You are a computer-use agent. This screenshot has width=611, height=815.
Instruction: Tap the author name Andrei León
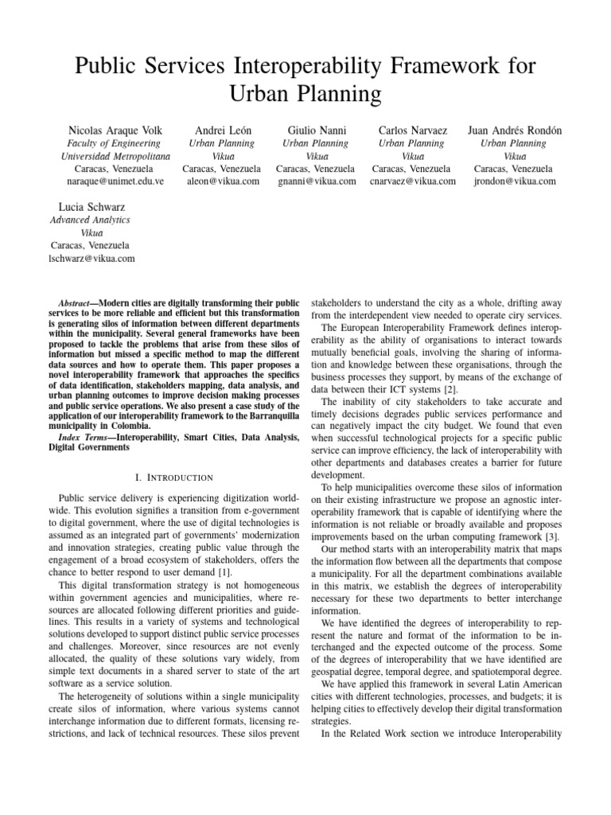click(x=221, y=130)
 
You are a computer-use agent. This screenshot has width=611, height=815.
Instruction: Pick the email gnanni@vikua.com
click(x=316, y=181)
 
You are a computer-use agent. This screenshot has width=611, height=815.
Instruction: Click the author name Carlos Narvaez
click(x=412, y=130)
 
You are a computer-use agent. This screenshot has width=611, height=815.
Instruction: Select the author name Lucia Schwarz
click(x=89, y=205)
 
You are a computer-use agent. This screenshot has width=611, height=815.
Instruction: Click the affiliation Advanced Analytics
click(x=89, y=220)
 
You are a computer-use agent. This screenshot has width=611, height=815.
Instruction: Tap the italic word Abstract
click(x=78, y=304)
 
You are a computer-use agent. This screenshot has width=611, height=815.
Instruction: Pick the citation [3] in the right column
click(x=549, y=527)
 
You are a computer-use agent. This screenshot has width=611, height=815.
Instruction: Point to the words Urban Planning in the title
click(x=305, y=95)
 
